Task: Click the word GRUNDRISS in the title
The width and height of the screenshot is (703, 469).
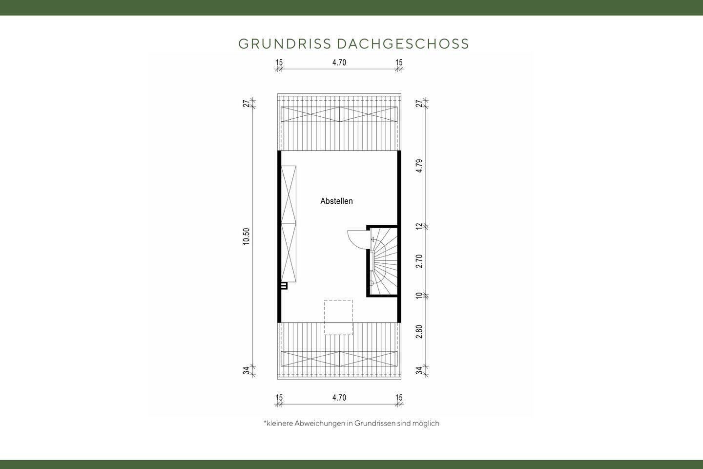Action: coord(285,44)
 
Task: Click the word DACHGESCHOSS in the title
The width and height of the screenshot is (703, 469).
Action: coord(403,44)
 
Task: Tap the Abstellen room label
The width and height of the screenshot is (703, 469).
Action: coord(336,201)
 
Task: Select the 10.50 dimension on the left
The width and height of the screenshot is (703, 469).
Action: coord(247,236)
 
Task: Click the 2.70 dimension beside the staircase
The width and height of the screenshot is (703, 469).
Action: coord(419,261)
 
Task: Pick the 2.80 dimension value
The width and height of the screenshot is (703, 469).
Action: coord(419,332)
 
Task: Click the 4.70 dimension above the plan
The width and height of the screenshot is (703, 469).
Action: coord(339,63)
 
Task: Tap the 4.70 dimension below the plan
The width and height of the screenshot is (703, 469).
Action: coord(339,398)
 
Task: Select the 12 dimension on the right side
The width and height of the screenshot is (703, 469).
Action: coord(419,226)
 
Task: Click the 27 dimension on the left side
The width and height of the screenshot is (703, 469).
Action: coord(247,103)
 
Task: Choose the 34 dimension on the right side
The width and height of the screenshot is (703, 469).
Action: coord(419,370)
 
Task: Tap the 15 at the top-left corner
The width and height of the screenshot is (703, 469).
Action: coord(279,63)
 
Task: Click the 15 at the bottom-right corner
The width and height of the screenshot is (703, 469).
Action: coord(399,398)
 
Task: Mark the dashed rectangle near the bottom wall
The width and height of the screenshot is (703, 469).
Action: coord(338,317)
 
